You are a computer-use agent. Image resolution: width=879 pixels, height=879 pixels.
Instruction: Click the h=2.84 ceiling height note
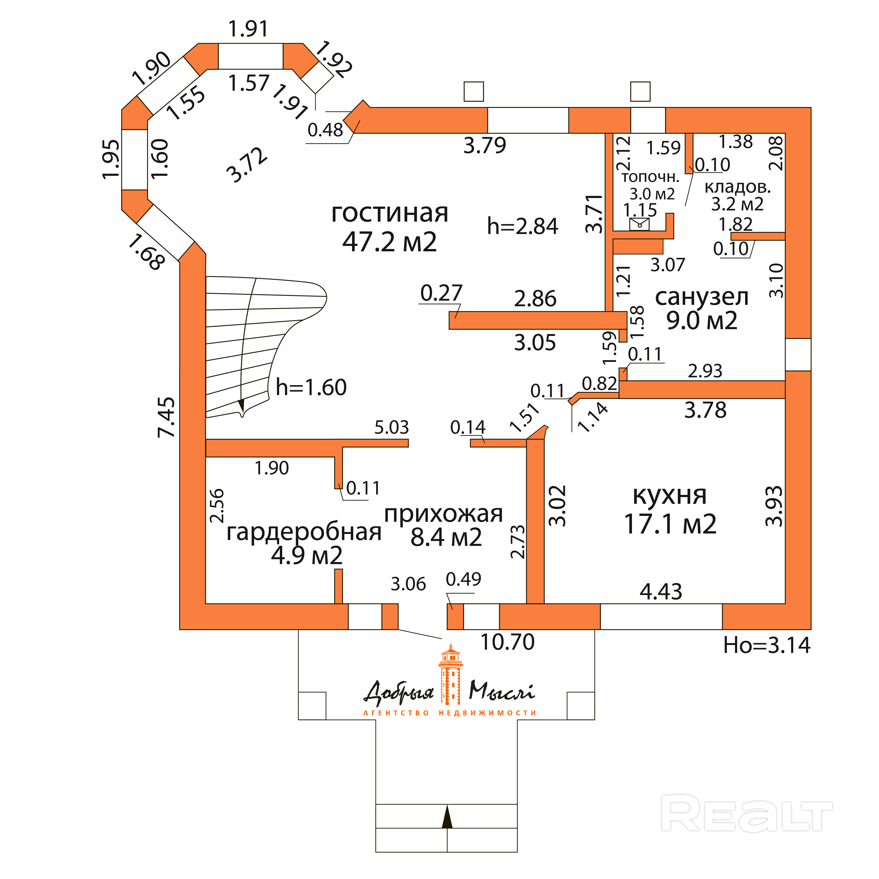pos(522,226)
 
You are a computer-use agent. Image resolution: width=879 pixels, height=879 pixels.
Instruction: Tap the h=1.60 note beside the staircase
pos(311,387)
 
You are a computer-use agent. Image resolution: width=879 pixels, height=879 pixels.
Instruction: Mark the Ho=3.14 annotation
pos(767,645)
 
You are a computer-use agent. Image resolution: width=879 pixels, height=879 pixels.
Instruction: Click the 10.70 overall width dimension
pos(507,642)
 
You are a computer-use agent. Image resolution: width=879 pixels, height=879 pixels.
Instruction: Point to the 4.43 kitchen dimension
pos(661,591)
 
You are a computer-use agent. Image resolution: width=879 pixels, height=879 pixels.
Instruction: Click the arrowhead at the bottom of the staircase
pos(241,405)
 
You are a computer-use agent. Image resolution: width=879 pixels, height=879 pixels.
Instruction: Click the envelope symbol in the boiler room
pos(639,224)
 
